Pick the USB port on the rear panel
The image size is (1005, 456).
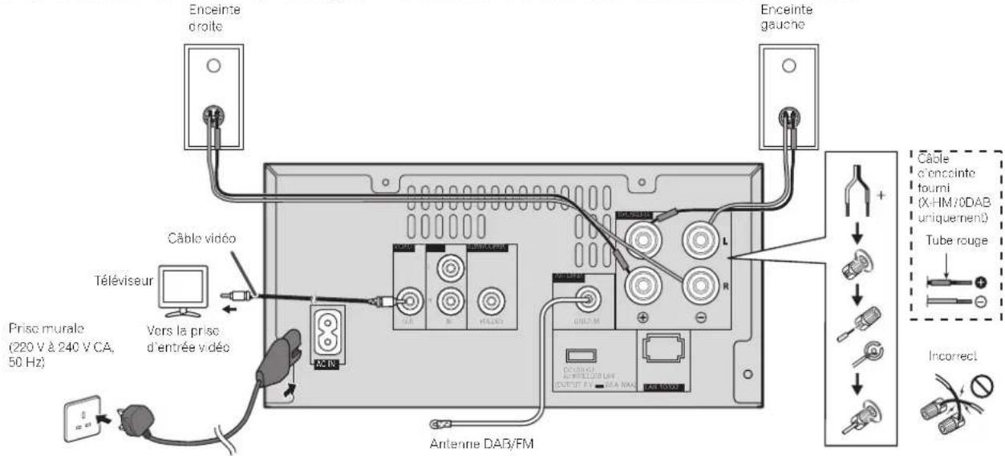coord(573,354)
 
